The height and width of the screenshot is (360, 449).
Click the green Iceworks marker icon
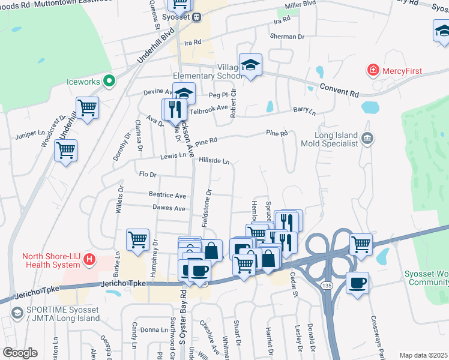click(109, 80)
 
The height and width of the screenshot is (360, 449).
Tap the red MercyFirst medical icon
click(373, 71)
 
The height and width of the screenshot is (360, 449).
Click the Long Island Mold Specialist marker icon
click(368, 139)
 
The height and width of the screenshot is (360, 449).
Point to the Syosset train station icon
click(196, 17)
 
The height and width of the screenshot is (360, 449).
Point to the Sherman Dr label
click(288, 37)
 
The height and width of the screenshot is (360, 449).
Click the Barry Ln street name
click(304, 110)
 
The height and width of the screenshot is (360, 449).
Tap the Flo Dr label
click(147, 175)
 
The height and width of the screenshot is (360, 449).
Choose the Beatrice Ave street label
click(167, 195)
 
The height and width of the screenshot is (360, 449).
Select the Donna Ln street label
click(154, 330)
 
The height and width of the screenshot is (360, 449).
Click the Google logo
click(20, 352)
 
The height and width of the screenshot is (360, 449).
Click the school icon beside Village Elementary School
click(250, 65)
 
